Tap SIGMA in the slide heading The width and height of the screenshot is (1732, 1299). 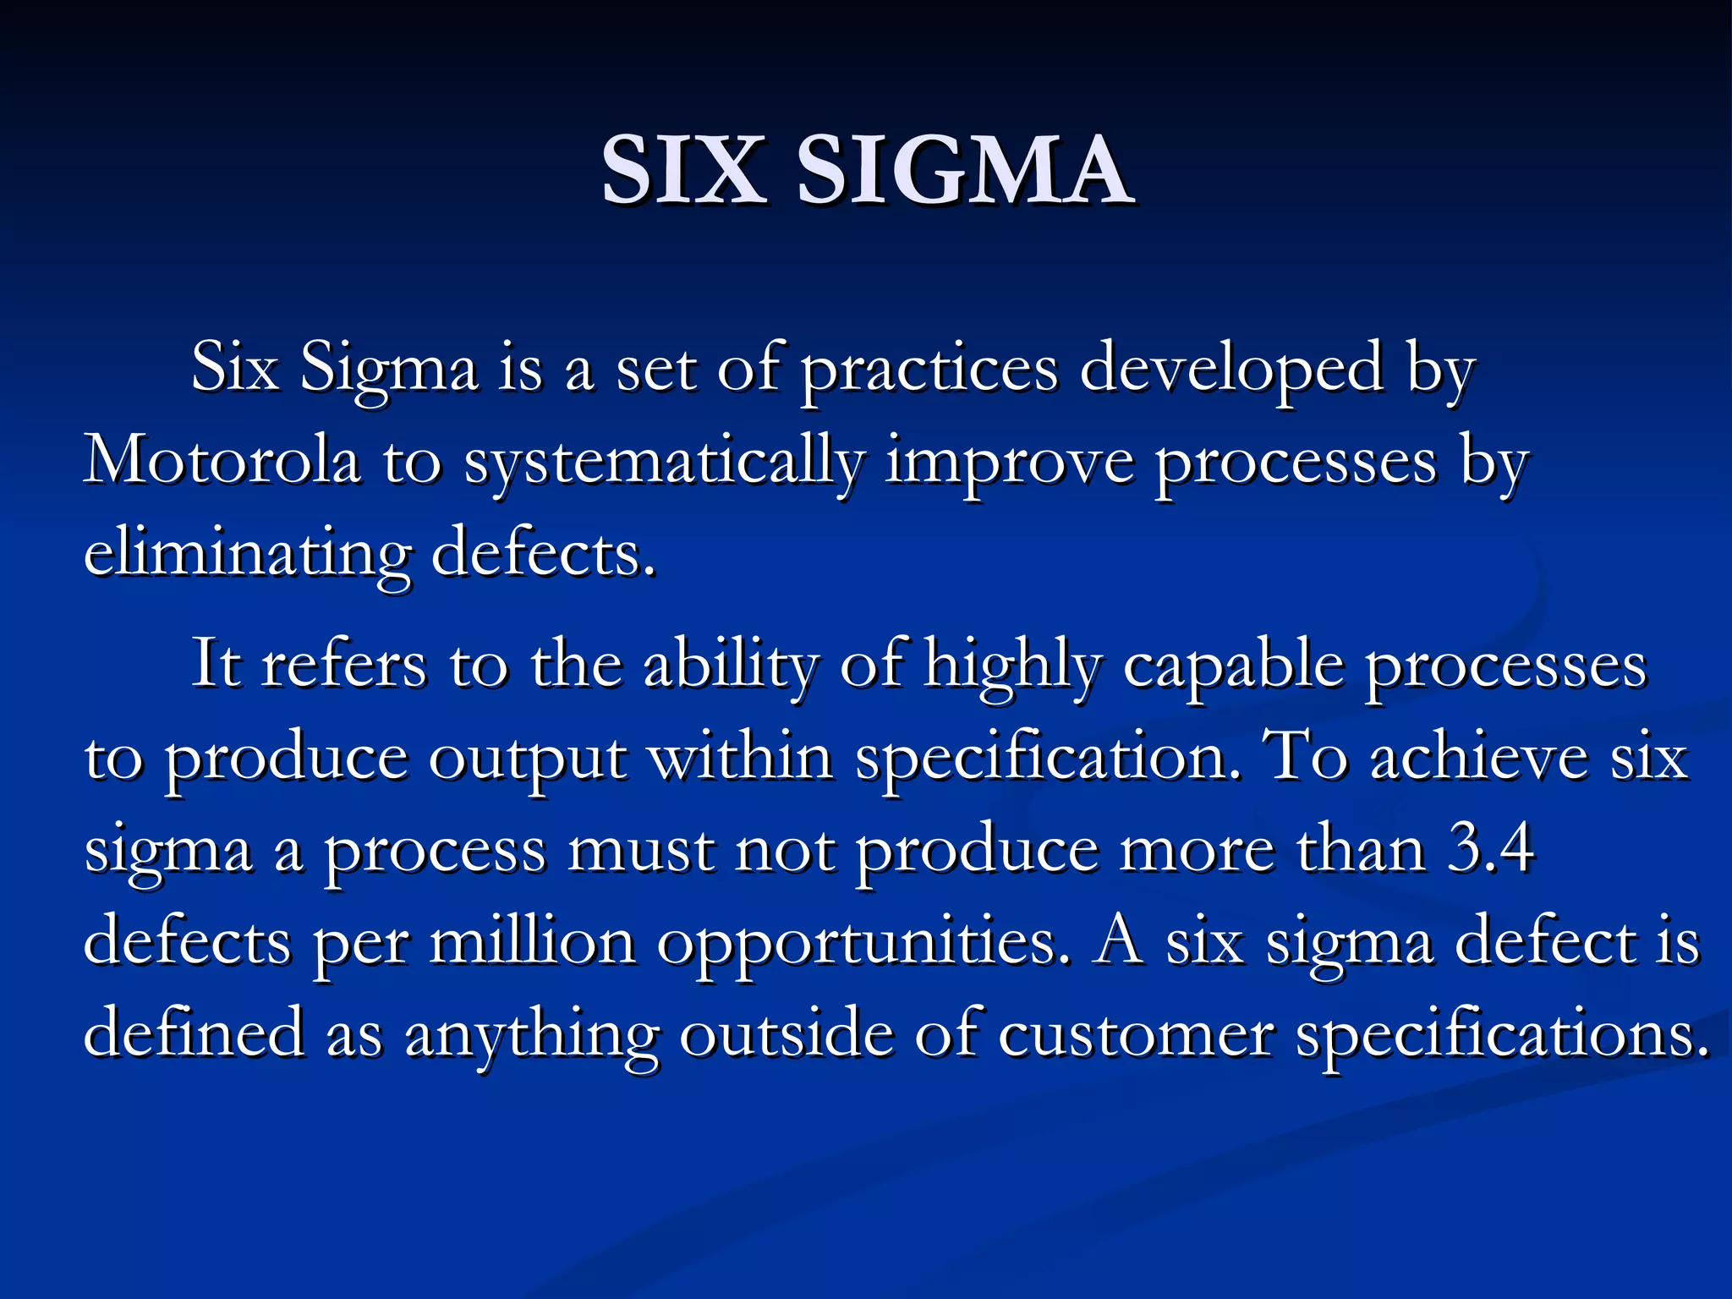964,171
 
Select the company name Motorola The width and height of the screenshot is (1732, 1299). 222,462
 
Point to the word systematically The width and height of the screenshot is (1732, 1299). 664,465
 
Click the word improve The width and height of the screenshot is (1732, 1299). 1009,465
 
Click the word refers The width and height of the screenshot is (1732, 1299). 343,665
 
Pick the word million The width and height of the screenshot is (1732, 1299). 533,941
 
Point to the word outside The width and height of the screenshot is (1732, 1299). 787,1034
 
